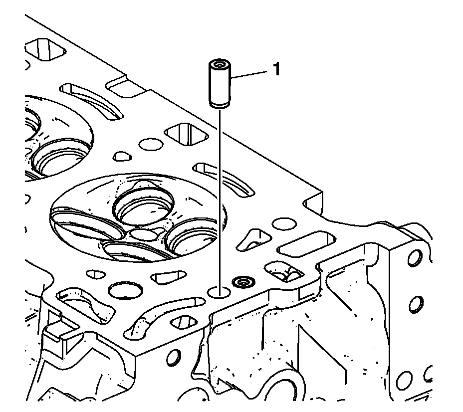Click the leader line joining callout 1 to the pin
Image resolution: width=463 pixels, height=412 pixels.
point(249,74)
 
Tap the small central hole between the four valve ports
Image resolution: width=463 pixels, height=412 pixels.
point(144,234)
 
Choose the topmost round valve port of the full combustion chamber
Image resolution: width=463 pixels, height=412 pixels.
point(144,207)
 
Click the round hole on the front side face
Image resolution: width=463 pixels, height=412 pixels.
point(174,357)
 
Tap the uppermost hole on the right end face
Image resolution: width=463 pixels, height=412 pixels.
point(414,257)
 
